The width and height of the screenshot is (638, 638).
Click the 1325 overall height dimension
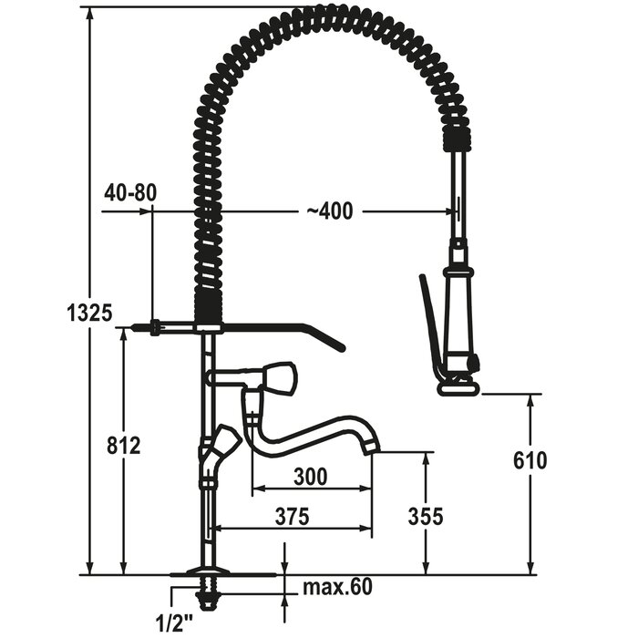pyautogui.click(x=89, y=314)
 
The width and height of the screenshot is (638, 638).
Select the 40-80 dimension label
pyautogui.click(x=130, y=192)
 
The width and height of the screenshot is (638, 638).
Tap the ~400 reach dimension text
pyautogui.click(x=330, y=211)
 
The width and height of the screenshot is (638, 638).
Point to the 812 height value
pyautogui.click(x=124, y=445)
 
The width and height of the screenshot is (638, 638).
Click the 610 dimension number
pyautogui.click(x=530, y=460)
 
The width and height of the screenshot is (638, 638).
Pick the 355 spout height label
pyautogui.click(x=426, y=517)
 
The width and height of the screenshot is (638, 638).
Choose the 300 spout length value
pyautogui.click(x=311, y=477)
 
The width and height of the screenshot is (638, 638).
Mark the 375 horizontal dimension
pyautogui.click(x=293, y=517)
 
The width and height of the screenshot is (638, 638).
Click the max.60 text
pyautogui.click(x=338, y=587)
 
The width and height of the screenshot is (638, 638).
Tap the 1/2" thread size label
pyautogui.click(x=175, y=622)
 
